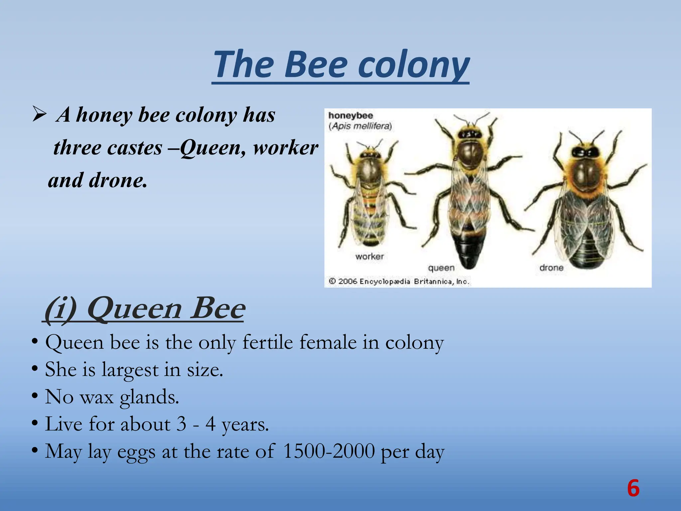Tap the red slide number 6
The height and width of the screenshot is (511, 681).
pyautogui.click(x=633, y=488)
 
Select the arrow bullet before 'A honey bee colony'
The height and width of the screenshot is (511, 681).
pyautogui.click(x=39, y=115)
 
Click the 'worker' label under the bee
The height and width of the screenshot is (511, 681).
pyautogui.click(x=369, y=256)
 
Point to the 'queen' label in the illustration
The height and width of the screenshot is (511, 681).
pyautogui.click(x=441, y=268)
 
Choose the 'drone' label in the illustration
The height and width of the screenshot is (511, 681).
pyautogui.click(x=551, y=267)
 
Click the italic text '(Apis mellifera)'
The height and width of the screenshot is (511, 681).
pyautogui.click(x=360, y=126)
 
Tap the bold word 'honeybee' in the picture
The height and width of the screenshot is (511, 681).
pyautogui.click(x=350, y=115)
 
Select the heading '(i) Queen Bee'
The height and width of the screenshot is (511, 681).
pyautogui.click(x=145, y=308)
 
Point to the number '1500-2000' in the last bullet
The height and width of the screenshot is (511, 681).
pyautogui.click(x=329, y=451)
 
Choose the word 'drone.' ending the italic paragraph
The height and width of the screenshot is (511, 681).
pyautogui.click(x=118, y=180)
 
